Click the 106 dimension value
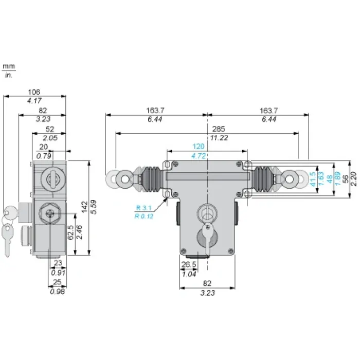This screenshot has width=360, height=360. pyautogui.click(x=34, y=92)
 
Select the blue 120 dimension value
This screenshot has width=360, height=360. pyautogui.click(x=199, y=147)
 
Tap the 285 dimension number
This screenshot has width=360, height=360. pyautogui.click(x=219, y=129)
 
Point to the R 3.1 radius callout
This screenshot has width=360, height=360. pyautogui.click(x=143, y=208)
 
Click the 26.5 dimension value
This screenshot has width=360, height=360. pyautogui.click(x=189, y=264)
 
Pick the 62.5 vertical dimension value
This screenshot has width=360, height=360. pyautogui.click(x=71, y=232)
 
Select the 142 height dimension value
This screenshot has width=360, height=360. pyautogui.click(x=84, y=207)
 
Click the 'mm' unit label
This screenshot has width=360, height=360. pyautogui.click(x=9, y=66)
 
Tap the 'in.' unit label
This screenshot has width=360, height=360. pyautogui.click(x=9, y=75)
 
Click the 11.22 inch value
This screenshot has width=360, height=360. pyautogui.click(x=219, y=138)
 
